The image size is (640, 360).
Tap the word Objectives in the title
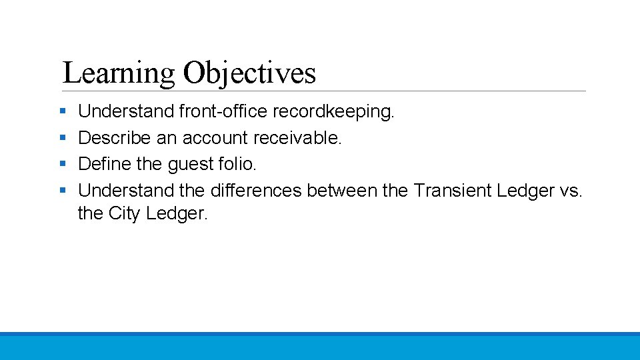coord(249,73)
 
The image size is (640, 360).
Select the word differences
coord(256,191)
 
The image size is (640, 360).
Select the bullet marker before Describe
coord(62,138)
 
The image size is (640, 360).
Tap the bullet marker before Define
coord(62,164)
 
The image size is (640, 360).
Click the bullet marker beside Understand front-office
coord(62,111)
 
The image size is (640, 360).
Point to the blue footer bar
coord(320,346)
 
